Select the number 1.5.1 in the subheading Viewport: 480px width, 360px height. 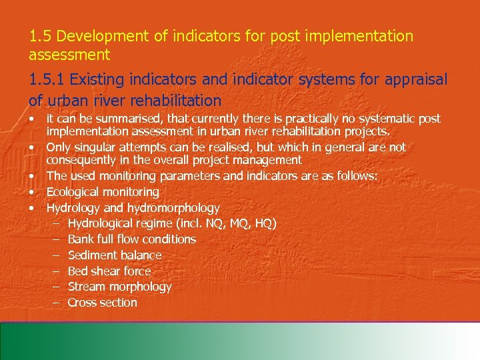coord(47,81)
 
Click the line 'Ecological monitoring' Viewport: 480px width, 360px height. coord(103,192)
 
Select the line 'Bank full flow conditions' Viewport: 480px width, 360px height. coord(132,239)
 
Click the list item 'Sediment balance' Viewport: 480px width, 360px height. coord(115,255)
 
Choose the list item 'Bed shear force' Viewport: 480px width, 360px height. coord(109,271)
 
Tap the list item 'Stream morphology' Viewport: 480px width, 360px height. coord(120,287)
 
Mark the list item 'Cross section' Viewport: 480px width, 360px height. coord(103,303)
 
